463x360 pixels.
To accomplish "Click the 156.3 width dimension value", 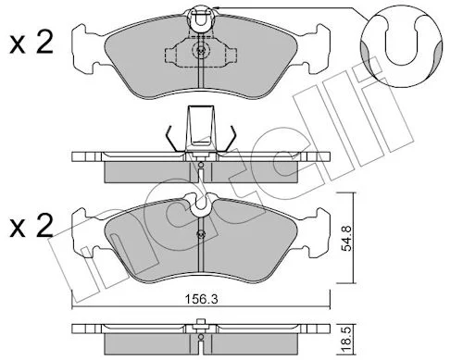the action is click(x=201, y=299).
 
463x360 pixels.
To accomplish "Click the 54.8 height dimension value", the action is click(x=346, y=238).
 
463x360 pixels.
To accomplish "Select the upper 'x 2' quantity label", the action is click(x=31, y=43).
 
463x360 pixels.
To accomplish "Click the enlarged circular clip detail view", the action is click(x=401, y=46).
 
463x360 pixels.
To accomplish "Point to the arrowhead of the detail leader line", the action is click(x=216, y=7).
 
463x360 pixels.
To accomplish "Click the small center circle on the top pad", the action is click(x=201, y=51).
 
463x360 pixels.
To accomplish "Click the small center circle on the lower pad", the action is click(x=201, y=234).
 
